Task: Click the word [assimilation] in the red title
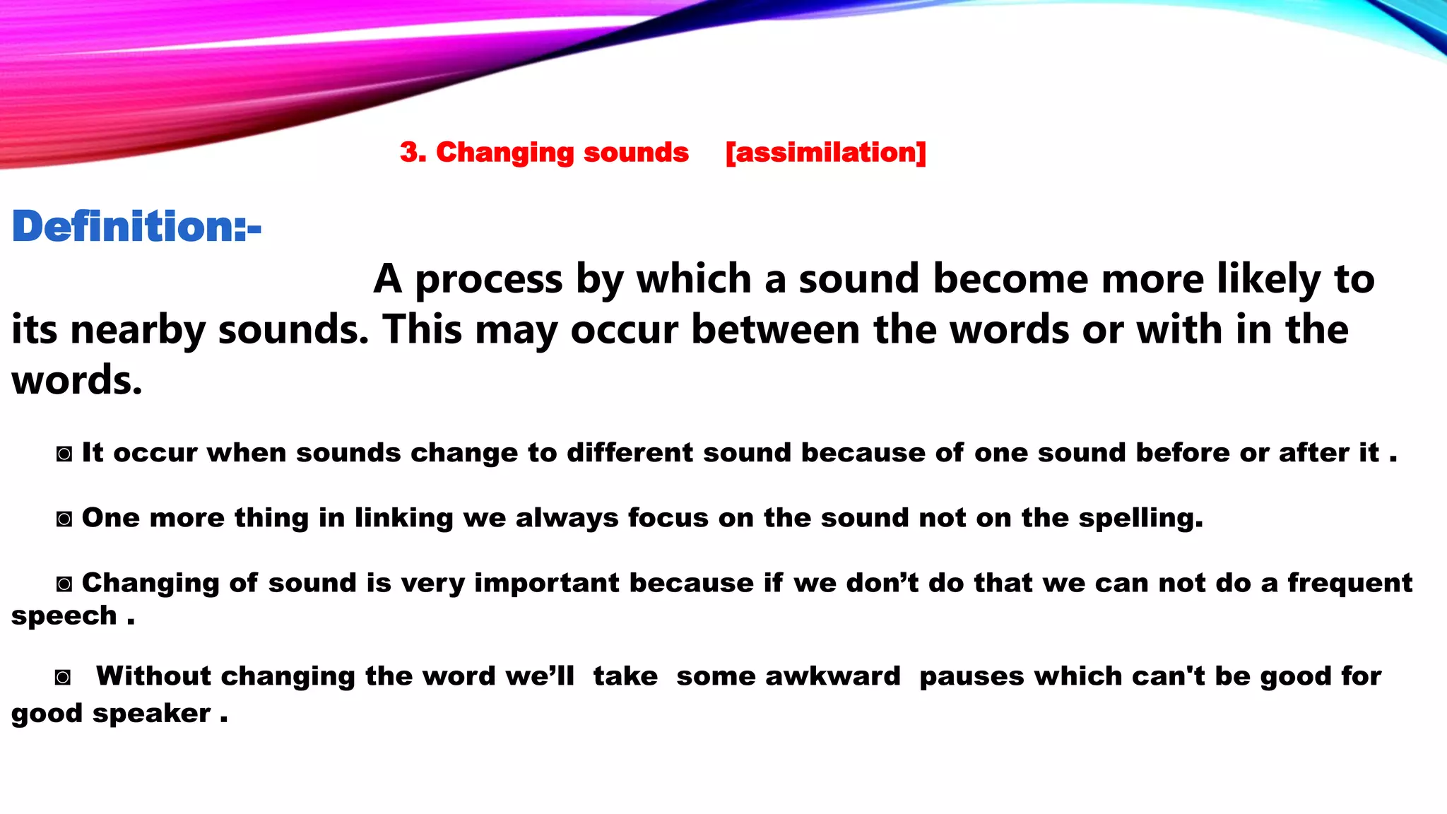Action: [825, 153]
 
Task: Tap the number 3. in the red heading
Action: [413, 153]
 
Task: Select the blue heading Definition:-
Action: [136, 227]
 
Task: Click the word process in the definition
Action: [488, 279]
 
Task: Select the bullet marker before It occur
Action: [64, 454]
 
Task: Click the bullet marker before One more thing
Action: [64, 519]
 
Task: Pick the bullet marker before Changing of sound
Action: [64, 584]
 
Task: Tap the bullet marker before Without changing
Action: [63, 678]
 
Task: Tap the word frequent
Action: [1349, 583]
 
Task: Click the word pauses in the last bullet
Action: [971, 676]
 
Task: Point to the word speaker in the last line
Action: [152, 714]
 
